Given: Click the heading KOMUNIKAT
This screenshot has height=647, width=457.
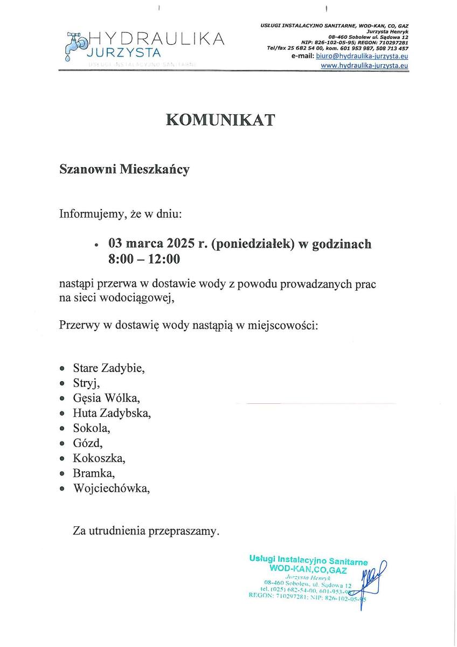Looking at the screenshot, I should (220, 120).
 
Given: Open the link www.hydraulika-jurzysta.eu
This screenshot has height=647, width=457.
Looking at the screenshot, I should (364, 65).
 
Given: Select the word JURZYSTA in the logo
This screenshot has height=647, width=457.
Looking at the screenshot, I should (123, 53).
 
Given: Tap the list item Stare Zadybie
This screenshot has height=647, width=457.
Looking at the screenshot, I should (108, 368).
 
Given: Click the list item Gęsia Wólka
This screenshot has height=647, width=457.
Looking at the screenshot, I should (106, 398).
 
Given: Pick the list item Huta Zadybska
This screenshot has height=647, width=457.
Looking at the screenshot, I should (112, 414).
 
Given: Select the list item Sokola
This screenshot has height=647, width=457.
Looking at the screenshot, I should (91, 429).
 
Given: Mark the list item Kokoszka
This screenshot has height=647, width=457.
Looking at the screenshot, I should (99, 459).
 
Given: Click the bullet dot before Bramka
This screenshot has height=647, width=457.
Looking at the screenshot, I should (63, 474).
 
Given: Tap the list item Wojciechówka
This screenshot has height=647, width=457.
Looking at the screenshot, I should (111, 488).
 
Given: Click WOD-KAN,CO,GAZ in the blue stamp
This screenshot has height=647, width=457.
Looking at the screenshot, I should (308, 570).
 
